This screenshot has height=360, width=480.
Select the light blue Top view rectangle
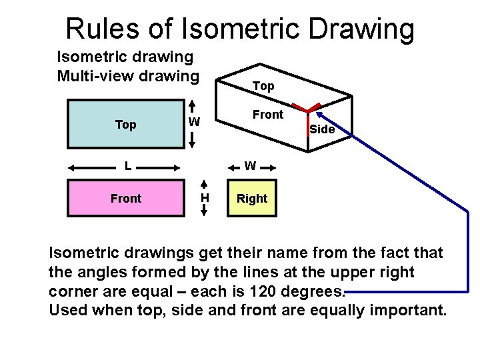[x=126, y=124]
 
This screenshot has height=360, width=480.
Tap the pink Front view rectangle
[x=126, y=198]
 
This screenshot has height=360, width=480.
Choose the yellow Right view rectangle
[x=252, y=198]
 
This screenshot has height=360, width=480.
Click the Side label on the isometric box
[x=322, y=129]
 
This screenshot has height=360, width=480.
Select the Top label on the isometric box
[x=263, y=87]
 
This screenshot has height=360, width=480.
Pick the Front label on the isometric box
[x=268, y=115]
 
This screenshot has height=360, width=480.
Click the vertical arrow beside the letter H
[x=204, y=198]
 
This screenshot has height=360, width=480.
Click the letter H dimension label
[x=205, y=198]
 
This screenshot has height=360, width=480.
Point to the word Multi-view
[x=93, y=75]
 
